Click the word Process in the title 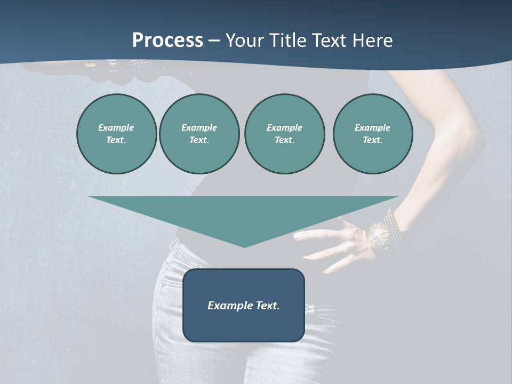[167, 40]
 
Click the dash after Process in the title [214, 41]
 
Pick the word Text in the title [330, 40]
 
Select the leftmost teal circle [116, 133]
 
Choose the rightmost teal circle [372, 133]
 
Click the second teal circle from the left [199, 133]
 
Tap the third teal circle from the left [284, 133]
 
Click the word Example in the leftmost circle [116, 127]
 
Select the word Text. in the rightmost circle [372, 140]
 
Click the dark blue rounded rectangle [244, 325]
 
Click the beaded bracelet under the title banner [140, 66]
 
